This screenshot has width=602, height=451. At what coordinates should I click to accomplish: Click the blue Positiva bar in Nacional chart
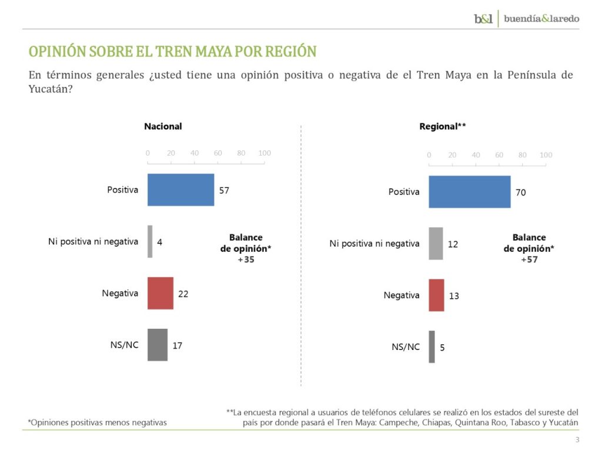(x=180, y=190)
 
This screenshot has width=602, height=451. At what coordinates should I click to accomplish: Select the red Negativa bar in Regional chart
(x=436, y=295)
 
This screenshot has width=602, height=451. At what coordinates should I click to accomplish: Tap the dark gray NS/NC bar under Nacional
(x=158, y=345)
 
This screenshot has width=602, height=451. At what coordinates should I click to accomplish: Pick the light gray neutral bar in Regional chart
(x=436, y=243)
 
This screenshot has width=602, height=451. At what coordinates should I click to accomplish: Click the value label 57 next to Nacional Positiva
(x=224, y=190)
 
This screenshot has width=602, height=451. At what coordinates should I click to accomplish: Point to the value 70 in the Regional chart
(x=521, y=192)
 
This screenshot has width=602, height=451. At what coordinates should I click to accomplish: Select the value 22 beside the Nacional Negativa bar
(x=183, y=294)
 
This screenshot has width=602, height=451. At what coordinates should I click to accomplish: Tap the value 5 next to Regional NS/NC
(x=442, y=347)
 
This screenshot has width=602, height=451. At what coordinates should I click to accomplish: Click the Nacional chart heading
(x=163, y=126)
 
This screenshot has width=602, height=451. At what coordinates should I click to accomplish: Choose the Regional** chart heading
(x=443, y=126)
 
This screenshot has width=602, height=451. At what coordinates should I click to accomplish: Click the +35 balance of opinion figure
(x=246, y=259)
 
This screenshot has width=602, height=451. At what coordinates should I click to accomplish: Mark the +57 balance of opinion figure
(x=529, y=259)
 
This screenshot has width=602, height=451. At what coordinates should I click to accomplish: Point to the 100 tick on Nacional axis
(x=265, y=153)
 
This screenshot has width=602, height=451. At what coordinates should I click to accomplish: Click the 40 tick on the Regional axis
(x=476, y=155)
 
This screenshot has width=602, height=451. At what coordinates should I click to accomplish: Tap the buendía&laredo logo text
(x=541, y=18)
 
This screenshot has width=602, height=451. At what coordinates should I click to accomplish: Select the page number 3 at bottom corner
(x=577, y=440)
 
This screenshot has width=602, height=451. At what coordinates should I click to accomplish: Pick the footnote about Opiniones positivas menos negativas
(x=97, y=422)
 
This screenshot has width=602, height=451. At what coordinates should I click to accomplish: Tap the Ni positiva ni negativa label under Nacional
(x=92, y=241)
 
